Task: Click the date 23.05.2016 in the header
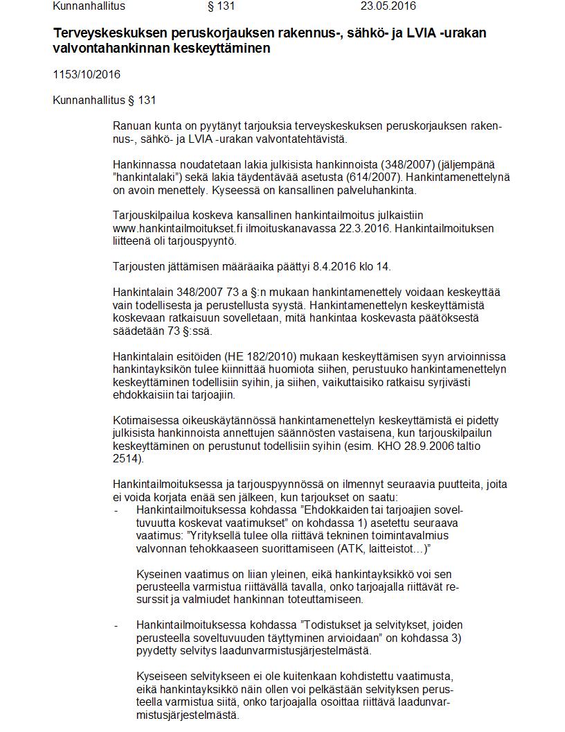pyautogui.click(x=388, y=6)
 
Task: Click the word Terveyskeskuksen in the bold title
pyautogui.click(x=99, y=34)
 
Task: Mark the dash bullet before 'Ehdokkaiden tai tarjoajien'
pyautogui.click(x=115, y=510)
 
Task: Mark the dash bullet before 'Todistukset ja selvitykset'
pyautogui.click(x=115, y=625)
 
